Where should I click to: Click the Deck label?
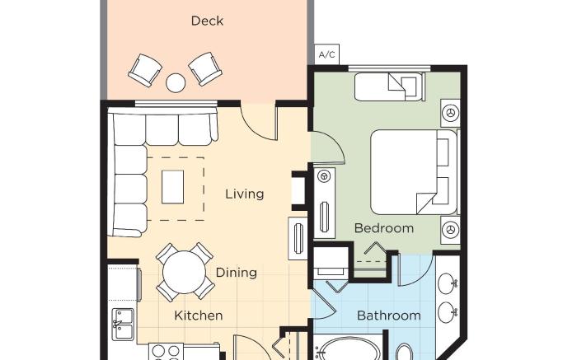click(x=207, y=21)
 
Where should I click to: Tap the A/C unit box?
click(x=327, y=54)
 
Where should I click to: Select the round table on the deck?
click(x=176, y=82)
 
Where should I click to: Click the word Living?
click(x=245, y=194)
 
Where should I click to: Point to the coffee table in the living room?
click(x=172, y=187)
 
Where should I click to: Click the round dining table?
click(x=184, y=273)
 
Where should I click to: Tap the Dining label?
click(x=237, y=273)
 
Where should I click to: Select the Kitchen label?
click(x=199, y=316)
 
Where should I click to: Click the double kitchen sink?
click(x=123, y=324)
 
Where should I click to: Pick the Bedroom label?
click(x=384, y=228)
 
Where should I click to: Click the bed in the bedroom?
click(x=414, y=171)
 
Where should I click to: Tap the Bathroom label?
click(x=389, y=316)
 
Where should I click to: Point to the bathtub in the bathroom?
click(x=348, y=349)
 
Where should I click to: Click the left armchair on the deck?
click(x=145, y=70)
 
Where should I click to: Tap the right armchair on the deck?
click(x=205, y=68)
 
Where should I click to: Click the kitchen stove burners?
click(x=166, y=352)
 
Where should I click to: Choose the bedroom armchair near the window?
click(x=390, y=86)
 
